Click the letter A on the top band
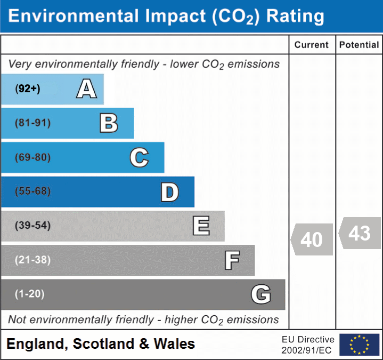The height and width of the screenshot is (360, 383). (86, 89)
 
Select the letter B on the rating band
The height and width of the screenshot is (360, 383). (109, 123)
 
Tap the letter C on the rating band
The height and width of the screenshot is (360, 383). (139, 158)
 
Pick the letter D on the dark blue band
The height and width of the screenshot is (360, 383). (169, 192)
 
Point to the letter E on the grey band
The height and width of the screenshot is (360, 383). (201, 226)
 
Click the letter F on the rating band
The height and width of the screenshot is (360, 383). (232, 261)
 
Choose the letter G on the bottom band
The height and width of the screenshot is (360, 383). (261, 294)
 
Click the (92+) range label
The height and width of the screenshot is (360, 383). (28, 89)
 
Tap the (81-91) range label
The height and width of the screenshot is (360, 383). (33, 123)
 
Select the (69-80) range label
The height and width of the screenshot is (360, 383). (33, 158)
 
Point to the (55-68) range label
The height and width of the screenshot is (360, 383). (33, 191)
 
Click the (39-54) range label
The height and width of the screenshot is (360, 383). (33, 226)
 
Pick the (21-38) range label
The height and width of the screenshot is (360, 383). (33, 260)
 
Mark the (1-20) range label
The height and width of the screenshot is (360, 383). (30, 294)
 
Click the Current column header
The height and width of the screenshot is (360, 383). (312, 45)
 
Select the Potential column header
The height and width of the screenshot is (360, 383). (359, 45)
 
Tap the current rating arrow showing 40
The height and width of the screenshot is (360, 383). (312, 239)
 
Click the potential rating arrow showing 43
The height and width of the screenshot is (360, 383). (360, 233)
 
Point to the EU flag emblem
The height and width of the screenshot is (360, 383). (359, 345)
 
